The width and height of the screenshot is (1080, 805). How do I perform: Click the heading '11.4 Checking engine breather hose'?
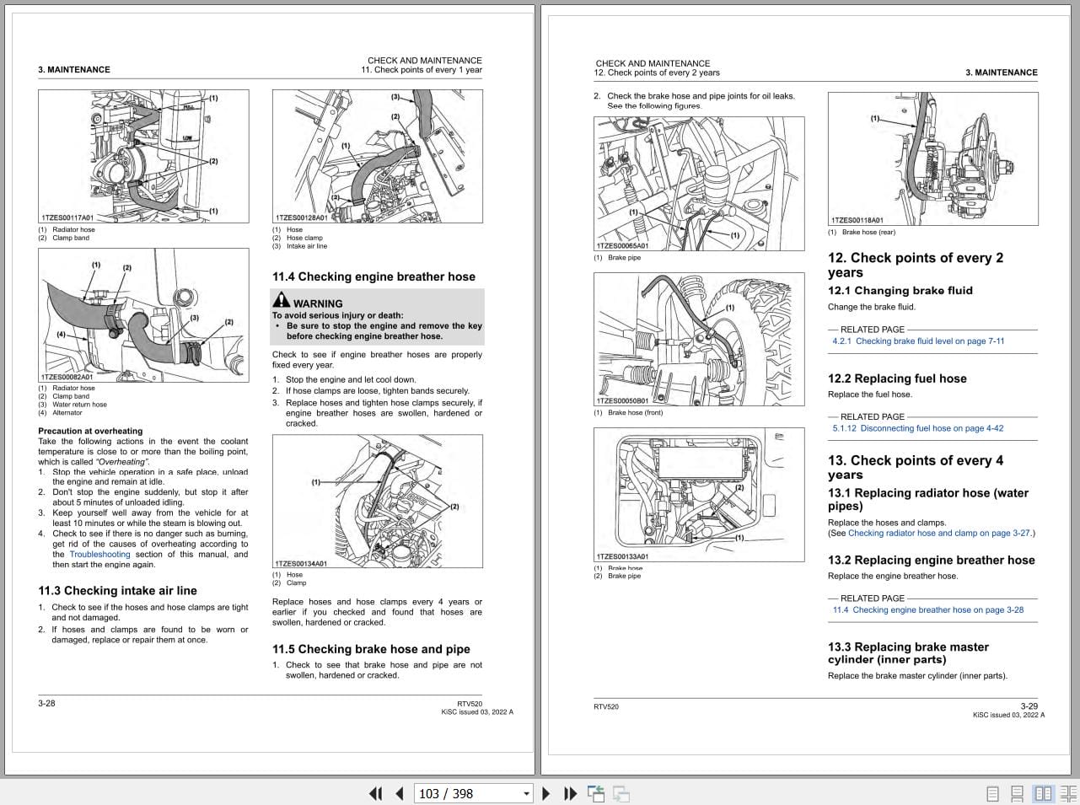click(x=373, y=276)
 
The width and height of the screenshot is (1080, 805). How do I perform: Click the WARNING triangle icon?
click(x=281, y=300)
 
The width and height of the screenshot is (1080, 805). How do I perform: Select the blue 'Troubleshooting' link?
click(x=99, y=555)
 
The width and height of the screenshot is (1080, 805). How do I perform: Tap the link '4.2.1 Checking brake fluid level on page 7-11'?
click(x=918, y=341)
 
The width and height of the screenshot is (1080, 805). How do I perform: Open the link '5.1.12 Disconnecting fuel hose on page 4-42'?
click(x=917, y=428)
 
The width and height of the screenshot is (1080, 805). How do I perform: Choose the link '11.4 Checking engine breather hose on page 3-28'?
click(x=927, y=609)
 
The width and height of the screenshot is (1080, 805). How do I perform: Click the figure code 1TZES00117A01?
click(x=67, y=217)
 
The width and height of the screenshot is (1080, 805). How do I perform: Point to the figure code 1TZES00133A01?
click(x=622, y=556)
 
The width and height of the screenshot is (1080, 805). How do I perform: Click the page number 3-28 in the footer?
click(x=46, y=703)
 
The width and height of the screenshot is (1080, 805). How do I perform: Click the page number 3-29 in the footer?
click(x=1029, y=706)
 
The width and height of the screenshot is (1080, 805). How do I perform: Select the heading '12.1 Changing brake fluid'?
click(x=900, y=291)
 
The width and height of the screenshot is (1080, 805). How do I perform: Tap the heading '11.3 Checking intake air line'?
click(x=117, y=591)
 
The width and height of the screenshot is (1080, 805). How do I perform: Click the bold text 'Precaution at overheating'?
click(x=84, y=431)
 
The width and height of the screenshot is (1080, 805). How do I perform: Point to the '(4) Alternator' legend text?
click(x=61, y=413)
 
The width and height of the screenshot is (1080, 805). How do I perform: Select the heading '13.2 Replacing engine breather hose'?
click(x=931, y=561)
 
